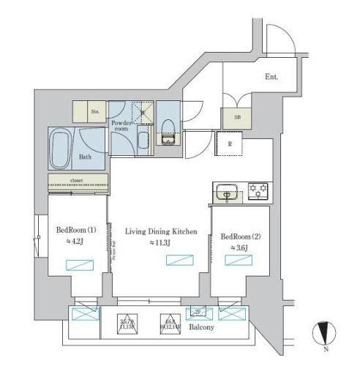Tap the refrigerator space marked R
tap(229, 144)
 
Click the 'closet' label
tap(78, 179)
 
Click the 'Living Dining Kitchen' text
tap(161, 231)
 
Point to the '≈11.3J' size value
tap(161, 243)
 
